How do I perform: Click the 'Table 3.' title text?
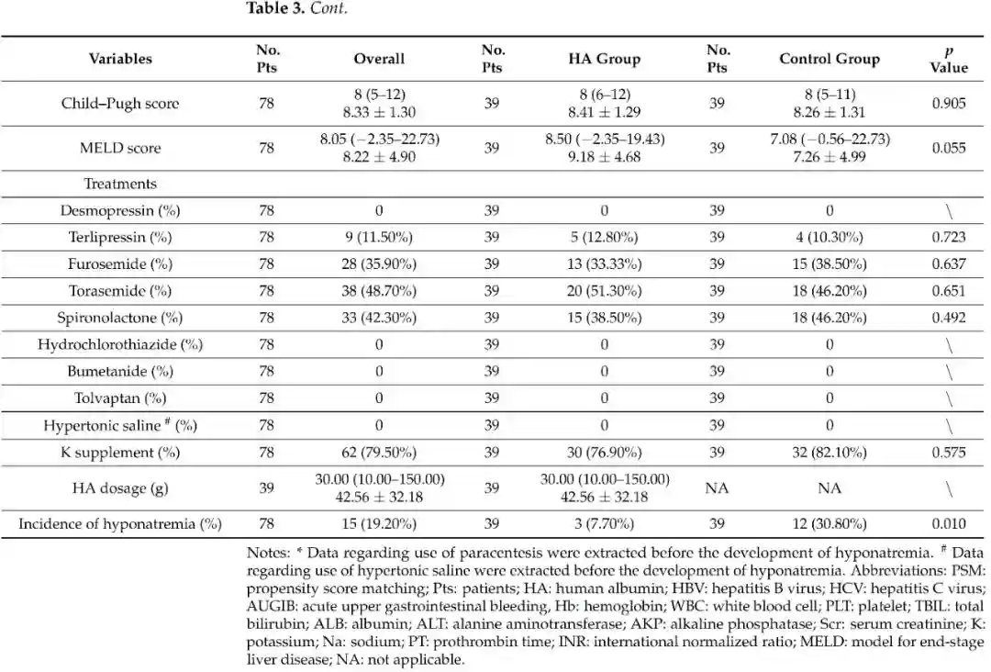(276, 9)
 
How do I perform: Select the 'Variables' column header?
(120, 59)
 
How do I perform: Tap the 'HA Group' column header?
(604, 59)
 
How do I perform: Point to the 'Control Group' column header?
(829, 59)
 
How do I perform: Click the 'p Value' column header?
(948, 59)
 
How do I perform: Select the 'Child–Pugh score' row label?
(120, 103)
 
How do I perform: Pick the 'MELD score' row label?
(120, 148)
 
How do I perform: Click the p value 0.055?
(948, 148)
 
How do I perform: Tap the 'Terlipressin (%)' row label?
(120, 237)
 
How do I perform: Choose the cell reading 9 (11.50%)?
(379, 237)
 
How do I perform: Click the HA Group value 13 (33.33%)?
(604, 264)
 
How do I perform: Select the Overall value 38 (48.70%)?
(379, 291)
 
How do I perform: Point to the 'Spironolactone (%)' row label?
(120, 318)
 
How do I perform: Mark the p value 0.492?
(948, 318)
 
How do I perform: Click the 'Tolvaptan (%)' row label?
(120, 398)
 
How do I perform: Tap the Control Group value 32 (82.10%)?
(829, 453)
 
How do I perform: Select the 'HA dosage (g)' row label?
(120, 488)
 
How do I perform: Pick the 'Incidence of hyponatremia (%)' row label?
(120, 524)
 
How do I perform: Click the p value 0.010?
(948, 524)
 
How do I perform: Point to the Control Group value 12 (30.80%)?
(829, 524)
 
